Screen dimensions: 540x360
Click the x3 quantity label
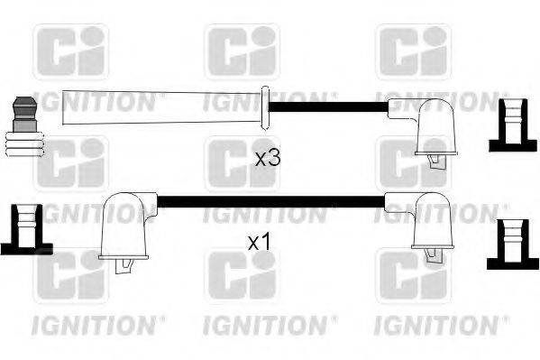(x=269, y=158)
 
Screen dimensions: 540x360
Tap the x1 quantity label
(x=260, y=243)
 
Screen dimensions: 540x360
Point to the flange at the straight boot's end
(x=265, y=107)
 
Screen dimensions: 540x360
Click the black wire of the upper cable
(x=343, y=106)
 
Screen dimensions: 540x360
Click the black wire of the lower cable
(x=270, y=200)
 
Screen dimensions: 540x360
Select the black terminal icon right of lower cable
(x=512, y=243)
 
